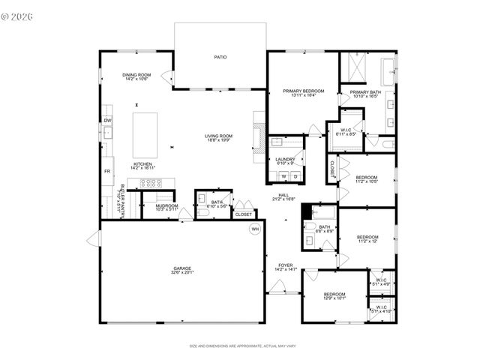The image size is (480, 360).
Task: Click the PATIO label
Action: pyautogui.click(x=220, y=57)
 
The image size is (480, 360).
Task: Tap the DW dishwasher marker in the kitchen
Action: pyautogui.click(x=108, y=120)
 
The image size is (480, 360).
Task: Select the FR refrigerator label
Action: pyautogui.click(x=107, y=171)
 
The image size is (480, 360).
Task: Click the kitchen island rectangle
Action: pyautogui.click(x=145, y=134)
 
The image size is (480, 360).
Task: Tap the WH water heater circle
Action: pyautogui.click(x=255, y=229)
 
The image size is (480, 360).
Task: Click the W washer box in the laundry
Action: pyautogui.click(x=283, y=176)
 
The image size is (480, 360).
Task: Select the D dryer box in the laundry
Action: pyautogui.click(x=295, y=176)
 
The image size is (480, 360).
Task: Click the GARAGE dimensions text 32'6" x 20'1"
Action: pyautogui.click(x=183, y=273)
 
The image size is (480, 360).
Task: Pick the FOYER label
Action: pyautogui.click(x=286, y=265)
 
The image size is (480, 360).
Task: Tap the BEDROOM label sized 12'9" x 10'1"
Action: pyautogui.click(x=334, y=294)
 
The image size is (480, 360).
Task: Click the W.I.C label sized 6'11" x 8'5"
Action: pyautogui.click(x=347, y=131)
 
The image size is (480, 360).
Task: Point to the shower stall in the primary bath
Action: pyautogui.click(x=352, y=70)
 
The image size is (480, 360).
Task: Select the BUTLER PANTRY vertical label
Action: pyautogui.click(x=122, y=200)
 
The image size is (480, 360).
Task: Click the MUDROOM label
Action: pyautogui.click(x=166, y=205)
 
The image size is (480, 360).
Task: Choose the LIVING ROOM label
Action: pyautogui.click(x=219, y=136)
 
